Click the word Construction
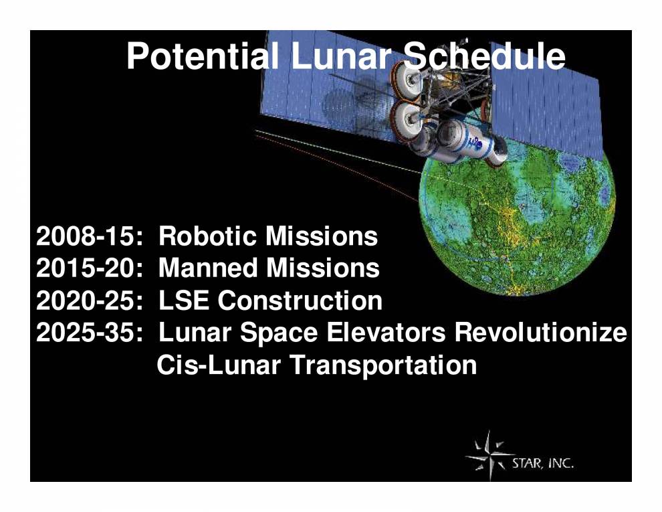(300, 301)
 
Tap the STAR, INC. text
(542, 463)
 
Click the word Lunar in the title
(340, 56)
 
